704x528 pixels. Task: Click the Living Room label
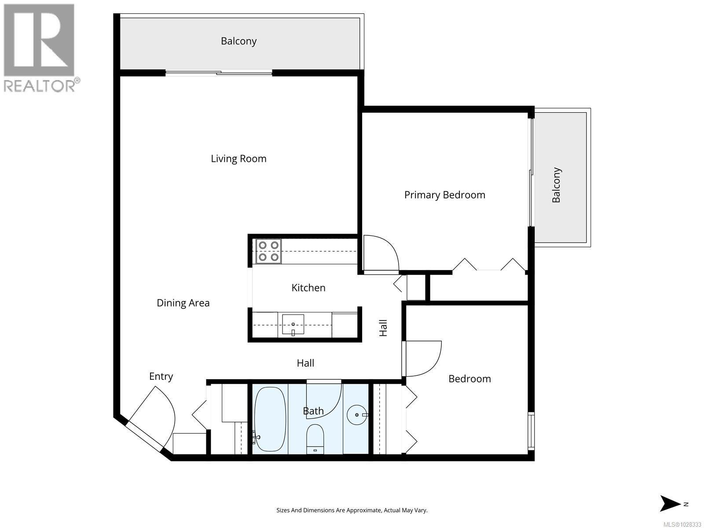238,159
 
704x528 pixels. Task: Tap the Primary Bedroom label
444,195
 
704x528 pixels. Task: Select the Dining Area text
183,303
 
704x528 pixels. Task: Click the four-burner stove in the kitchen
268,251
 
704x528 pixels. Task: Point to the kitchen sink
293,325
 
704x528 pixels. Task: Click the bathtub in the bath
270,419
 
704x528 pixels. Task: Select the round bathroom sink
357,414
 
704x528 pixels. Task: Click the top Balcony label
238,41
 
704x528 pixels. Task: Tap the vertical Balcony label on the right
556,185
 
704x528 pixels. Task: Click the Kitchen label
308,288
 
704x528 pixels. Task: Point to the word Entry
161,377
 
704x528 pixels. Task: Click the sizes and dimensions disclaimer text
352,510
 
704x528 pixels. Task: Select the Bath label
313,411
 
